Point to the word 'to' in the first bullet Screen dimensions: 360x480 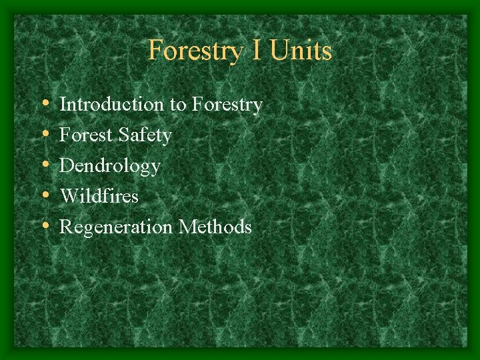177,105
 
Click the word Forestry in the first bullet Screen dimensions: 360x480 227,105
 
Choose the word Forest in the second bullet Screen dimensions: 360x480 85,135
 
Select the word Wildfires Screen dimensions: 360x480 99,197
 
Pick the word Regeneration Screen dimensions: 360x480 117,227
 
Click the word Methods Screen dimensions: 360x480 215,227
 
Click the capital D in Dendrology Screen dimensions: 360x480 66,166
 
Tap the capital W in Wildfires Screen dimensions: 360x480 68,197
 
